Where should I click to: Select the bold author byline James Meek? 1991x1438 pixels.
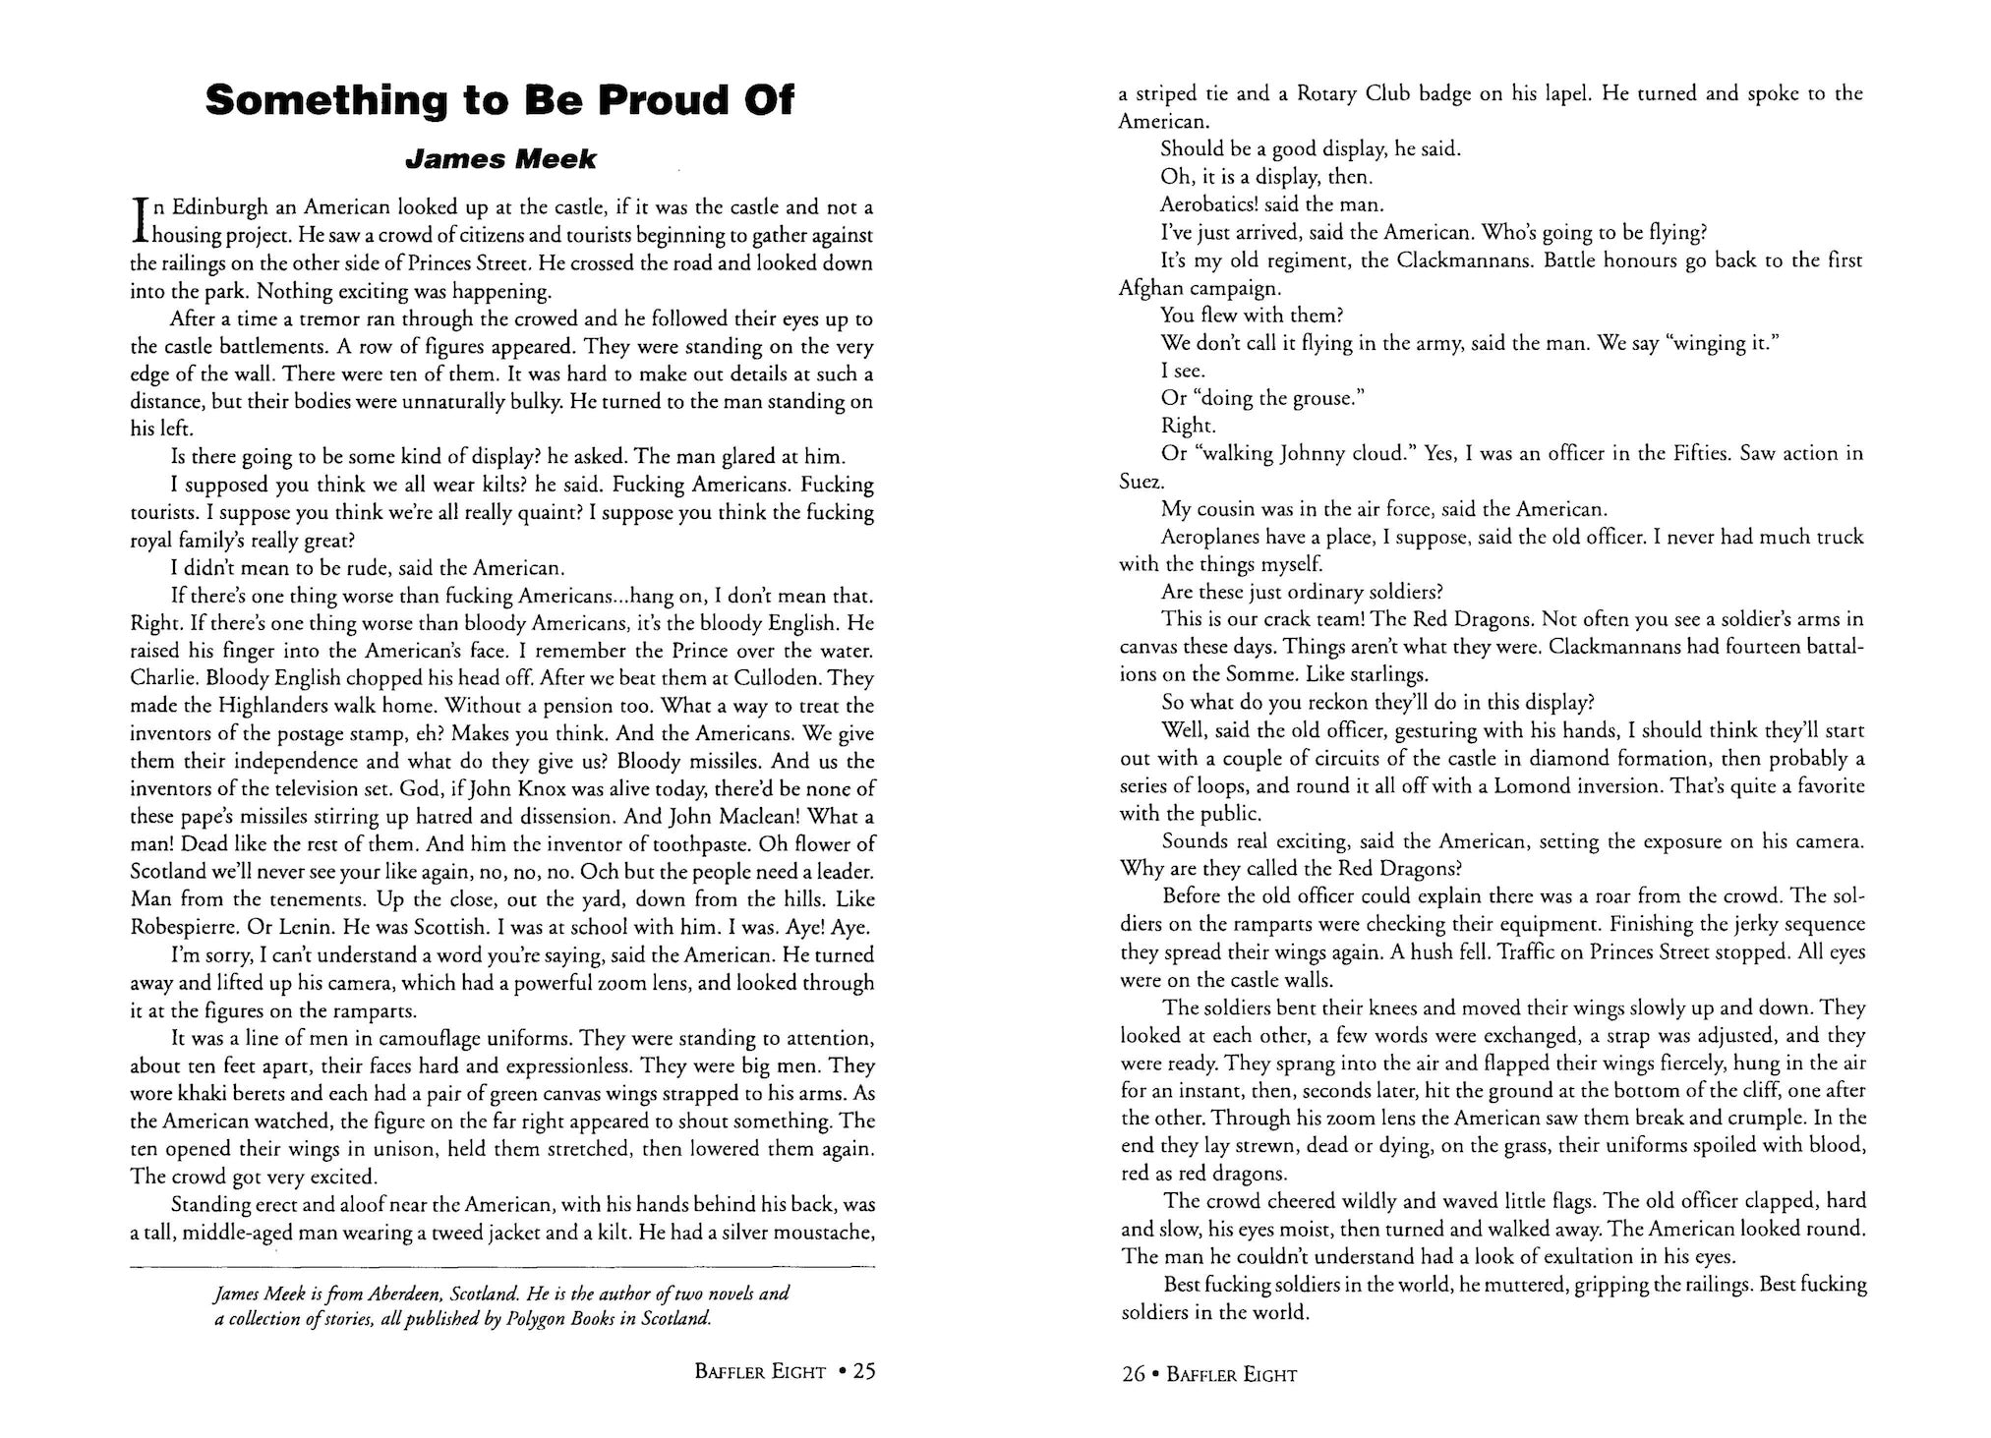(501, 159)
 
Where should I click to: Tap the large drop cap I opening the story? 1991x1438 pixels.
(140, 221)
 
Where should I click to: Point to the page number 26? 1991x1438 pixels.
(1133, 1374)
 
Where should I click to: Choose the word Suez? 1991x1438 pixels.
(1141, 482)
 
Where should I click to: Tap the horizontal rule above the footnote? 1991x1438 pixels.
(502, 1269)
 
